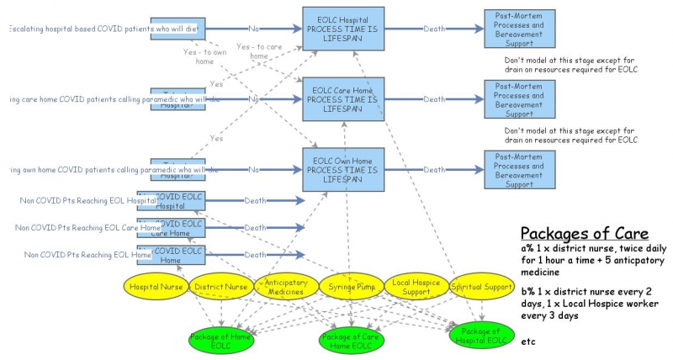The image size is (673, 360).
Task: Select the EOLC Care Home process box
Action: [x=343, y=99]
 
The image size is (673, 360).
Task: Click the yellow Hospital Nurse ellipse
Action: [x=156, y=287]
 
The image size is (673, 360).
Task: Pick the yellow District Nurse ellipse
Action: [x=221, y=287]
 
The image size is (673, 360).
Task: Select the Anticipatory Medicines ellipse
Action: [x=287, y=287]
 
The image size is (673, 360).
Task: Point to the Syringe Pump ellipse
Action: [x=352, y=287]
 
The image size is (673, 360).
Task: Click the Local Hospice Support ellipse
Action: [x=417, y=287]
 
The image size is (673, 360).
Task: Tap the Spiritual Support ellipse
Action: [x=482, y=287]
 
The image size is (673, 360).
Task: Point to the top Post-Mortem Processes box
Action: [x=519, y=29]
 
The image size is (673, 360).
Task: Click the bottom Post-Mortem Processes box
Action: [x=519, y=169]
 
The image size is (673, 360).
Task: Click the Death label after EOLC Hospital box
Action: [x=435, y=29]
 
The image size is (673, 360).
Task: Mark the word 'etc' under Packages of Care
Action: [x=528, y=342]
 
